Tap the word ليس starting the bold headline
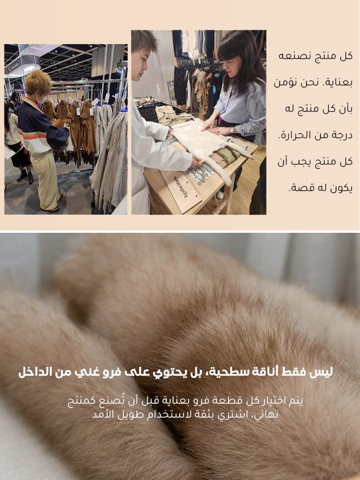(322, 372)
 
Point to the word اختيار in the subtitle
(272, 401)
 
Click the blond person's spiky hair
(38, 82)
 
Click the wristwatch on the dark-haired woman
(232, 130)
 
